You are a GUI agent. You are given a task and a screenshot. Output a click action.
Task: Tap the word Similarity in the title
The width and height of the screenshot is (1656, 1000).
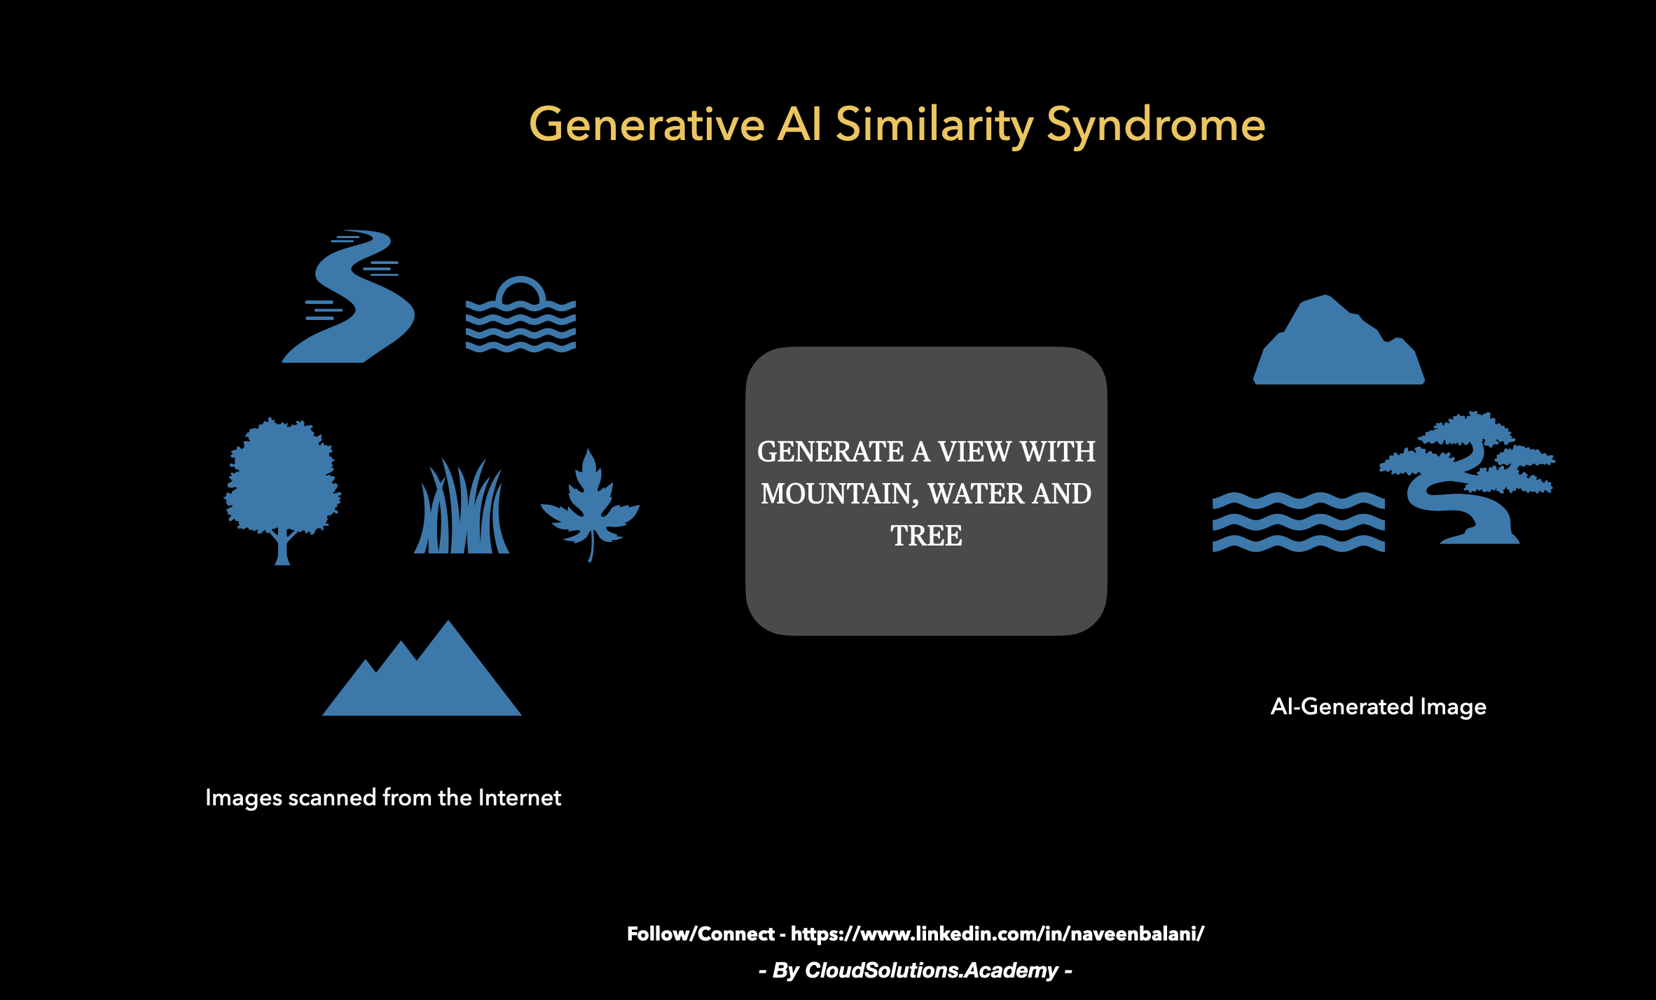[x=934, y=125]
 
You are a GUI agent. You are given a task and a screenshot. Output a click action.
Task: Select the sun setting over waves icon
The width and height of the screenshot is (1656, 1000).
[x=520, y=314]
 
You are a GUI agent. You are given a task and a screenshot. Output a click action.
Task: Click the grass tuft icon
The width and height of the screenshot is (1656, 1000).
[x=462, y=507]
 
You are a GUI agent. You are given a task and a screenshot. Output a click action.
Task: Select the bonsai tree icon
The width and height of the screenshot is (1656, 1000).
[x=1467, y=478]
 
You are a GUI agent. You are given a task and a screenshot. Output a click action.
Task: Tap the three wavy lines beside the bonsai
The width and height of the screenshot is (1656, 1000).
[x=1299, y=522]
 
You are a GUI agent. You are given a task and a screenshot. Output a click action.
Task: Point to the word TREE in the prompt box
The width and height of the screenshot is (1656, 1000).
[x=926, y=536]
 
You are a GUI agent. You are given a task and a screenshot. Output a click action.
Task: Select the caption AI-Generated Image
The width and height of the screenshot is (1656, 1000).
[x=1379, y=707]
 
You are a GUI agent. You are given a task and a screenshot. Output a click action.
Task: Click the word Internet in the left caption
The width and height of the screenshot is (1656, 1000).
[x=520, y=797]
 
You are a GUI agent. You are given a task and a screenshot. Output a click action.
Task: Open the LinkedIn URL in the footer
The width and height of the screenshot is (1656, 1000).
[x=998, y=934]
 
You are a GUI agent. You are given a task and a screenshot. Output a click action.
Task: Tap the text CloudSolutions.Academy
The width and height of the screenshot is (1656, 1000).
[x=932, y=971]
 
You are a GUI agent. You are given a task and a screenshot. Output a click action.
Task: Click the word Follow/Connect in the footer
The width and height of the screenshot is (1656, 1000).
[x=701, y=934]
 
